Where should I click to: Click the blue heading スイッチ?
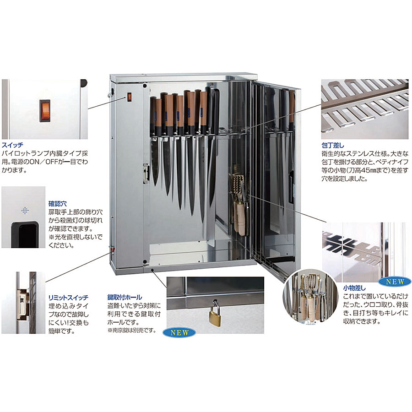point(12,145)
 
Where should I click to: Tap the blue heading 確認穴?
point(57,203)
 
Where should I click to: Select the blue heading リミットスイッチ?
point(68,298)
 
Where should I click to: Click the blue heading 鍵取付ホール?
point(125,297)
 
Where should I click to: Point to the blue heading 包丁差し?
point(332,145)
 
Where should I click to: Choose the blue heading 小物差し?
point(354,288)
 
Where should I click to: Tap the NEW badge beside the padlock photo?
point(179,332)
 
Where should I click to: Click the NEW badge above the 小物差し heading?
point(395,282)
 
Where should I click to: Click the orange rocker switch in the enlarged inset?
point(45,111)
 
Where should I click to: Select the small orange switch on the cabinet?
point(129,97)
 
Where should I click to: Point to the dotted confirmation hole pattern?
point(25,211)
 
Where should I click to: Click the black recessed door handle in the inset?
point(24,234)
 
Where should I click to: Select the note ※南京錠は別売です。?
point(132,330)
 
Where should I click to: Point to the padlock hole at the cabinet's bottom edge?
point(152,270)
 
